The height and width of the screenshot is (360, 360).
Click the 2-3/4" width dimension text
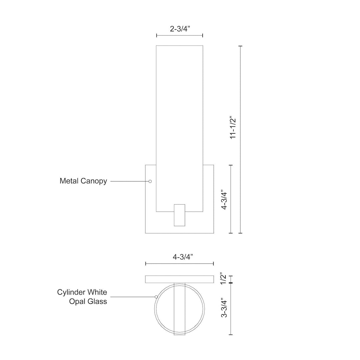(x=179, y=29)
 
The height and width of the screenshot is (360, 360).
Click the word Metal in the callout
(x=69, y=181)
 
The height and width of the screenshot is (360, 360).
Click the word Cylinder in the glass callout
(x=71, y=292)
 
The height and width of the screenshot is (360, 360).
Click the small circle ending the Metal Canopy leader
(x=150, y=181)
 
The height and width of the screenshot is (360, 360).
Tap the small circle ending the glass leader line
(x=156, y=297)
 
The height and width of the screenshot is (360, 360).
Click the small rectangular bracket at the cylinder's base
(x=180, y=215)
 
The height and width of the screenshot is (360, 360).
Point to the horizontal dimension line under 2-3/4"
(x=179, y=35)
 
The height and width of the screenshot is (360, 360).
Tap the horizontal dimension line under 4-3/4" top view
(x=179, y=264)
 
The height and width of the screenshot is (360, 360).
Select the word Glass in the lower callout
(x=98, y=301)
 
